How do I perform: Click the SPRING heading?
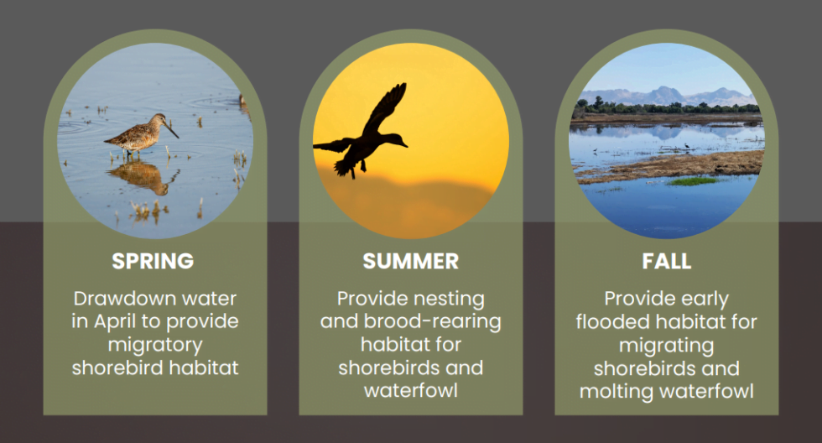pos(153,261)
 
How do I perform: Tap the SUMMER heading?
pos(410,261)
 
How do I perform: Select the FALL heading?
pos(666,261)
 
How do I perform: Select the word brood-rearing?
pos(433,321)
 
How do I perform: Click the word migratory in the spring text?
pos(155,345)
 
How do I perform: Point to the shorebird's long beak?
pos(171,129)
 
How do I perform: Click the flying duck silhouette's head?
pos(398,140)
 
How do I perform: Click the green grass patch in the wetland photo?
pos(693,181)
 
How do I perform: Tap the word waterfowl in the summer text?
pos(410,391)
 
